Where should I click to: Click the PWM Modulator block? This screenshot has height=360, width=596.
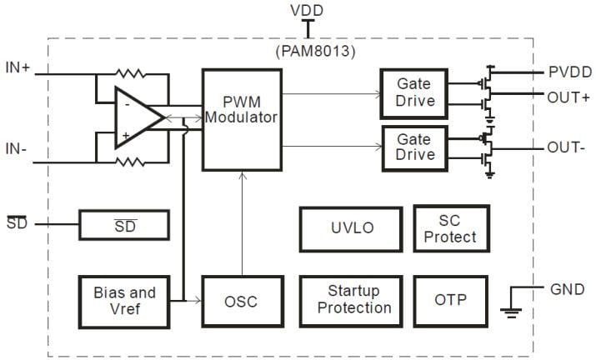pos(241,119)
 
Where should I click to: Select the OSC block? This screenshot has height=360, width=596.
pos(241,300)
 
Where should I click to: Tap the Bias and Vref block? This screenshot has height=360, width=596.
pos(124,300)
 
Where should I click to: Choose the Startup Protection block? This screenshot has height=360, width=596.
pos(348,300)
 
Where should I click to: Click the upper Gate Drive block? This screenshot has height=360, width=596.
pos(415,92)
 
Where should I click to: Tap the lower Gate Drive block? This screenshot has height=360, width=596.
pos(415,147)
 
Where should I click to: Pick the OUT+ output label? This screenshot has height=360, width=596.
pos(568,97)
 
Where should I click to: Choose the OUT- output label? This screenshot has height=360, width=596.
pos(567,148)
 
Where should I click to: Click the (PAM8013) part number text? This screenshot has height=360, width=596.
pos(308,50)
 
